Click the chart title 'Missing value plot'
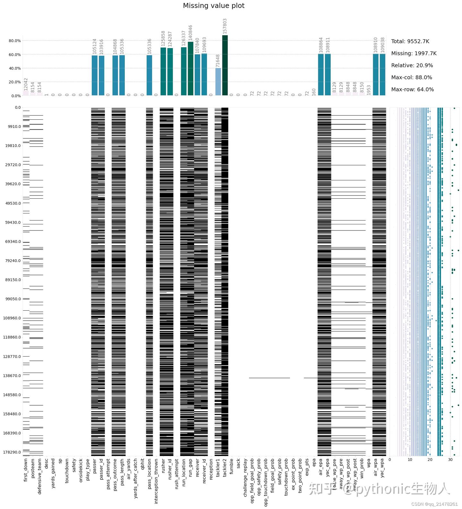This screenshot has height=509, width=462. pyautogui.click(x=214, y=6)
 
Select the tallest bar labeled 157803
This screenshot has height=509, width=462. pyautogui.click(x=225, y=65)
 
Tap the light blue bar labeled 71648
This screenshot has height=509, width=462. pyautogui.click(x=218, y=82)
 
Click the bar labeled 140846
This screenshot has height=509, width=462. pyautogui.click(x=191, y=69)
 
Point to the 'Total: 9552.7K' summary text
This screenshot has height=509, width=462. pyautogui.click(x=410, y=41)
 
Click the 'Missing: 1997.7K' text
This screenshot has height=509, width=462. pyautogui.click(x=414, y=54)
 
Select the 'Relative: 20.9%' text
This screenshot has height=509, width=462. pyautogui.click(x=412, y=65)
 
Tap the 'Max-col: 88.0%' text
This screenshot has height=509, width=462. pyautogui.click(x=412, y=78)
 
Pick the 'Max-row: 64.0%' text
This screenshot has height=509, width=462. pyautogui.click(x=412, y=90)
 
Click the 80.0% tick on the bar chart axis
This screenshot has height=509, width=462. pyautogui.click(x=15, y=41)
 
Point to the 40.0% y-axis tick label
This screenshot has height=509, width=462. pyautogui.click(x=15, y=68)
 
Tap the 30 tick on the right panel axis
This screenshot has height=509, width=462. pyautogui.click(x=450, y=460)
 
